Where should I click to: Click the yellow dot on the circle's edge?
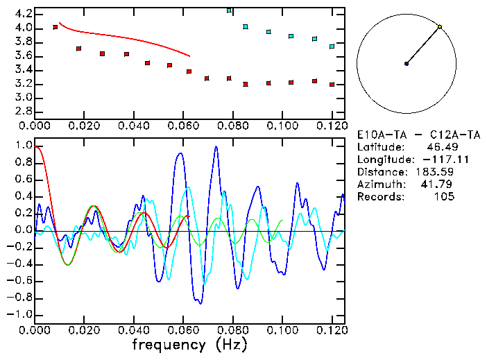[440, 27]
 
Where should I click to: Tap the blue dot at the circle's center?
[407, 64]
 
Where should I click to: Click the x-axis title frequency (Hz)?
[189, 345]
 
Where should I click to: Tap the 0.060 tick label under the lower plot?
[182, 329]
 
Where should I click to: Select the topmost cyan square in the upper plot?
[230, 10]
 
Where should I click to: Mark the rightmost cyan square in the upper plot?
[332, 46]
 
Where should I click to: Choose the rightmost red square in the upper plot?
[332, 85]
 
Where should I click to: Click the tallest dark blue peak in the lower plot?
[216, 147]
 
